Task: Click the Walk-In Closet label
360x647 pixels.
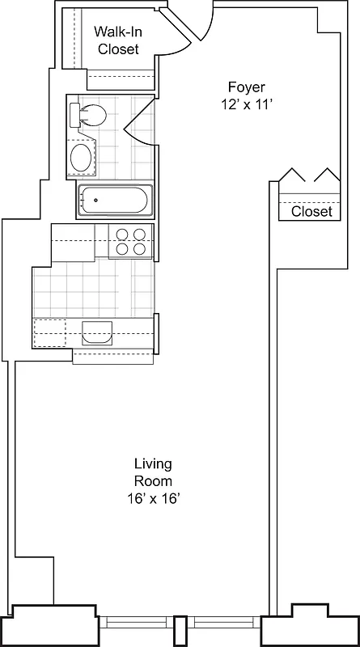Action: click(x=118, y=40)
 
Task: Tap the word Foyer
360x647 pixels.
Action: click(x=246, y=87)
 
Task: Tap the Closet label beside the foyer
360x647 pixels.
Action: click(x=311, y=211)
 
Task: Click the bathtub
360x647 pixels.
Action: click(x=116, y=201)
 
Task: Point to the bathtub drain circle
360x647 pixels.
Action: click(x=95, y=201)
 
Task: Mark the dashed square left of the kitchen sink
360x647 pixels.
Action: click(x=49, y=332)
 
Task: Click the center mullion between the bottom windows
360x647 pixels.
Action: click(x=180, y=630)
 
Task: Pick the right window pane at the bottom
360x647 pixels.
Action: click(x=227, y=624)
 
